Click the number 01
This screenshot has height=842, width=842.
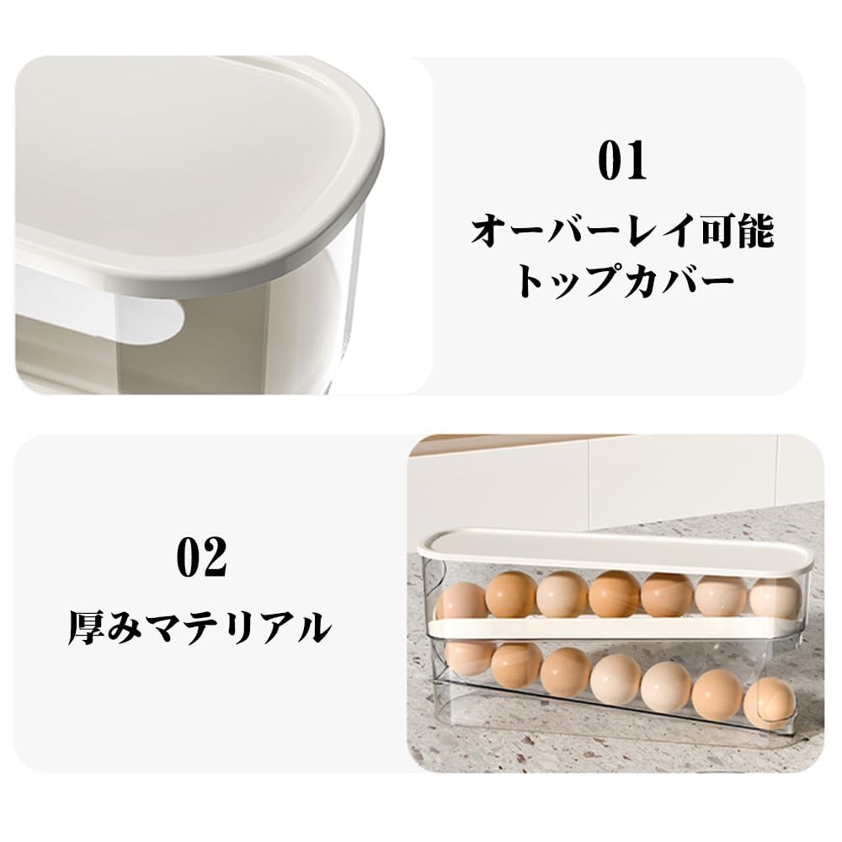(x=621, y=161)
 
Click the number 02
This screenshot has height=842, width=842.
(x=201, y=557)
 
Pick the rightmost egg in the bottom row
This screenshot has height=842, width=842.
(x=769, y=702)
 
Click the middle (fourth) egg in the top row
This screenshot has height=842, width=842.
(x=614, y=594)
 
